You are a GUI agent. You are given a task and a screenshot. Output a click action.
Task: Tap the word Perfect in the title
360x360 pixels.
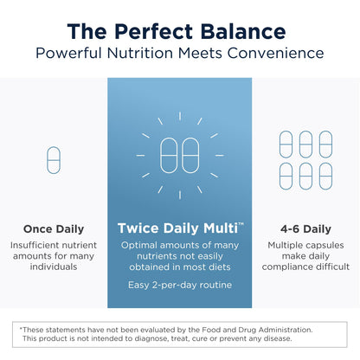(x=152, y=32)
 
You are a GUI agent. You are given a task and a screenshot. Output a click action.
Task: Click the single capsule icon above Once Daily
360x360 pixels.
(x=53, y=159)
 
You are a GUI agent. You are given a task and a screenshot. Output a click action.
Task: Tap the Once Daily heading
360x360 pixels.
(x=53, y=229)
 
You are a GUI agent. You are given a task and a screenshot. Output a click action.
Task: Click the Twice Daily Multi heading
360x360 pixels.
(x=178, y=228)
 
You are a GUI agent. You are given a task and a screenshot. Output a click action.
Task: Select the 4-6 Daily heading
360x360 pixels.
(x=305, y=229)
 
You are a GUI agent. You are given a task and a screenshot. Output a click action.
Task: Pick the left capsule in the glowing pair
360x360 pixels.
(x=169, y=155)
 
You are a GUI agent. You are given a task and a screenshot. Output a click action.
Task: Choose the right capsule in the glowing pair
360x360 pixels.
(x=190, y=155)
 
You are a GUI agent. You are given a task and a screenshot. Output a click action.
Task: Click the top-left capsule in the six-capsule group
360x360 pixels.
(x=286, y=144)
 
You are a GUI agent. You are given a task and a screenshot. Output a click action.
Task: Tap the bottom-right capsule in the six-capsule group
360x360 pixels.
(x=325, y=176)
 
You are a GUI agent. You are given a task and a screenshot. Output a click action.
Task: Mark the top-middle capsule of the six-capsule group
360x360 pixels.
(x=305, y=144)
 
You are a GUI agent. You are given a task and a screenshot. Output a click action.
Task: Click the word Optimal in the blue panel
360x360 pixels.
(x=142, y=247)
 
